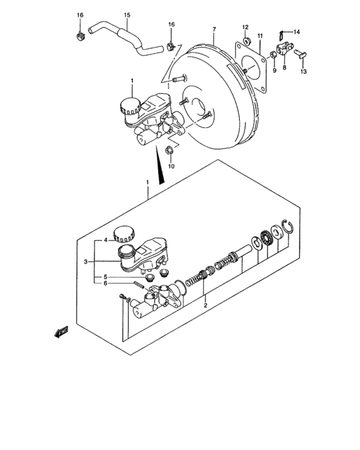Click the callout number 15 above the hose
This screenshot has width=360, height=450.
127,15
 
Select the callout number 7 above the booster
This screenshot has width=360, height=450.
214,30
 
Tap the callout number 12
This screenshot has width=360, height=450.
246,26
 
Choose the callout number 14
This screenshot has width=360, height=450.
297,32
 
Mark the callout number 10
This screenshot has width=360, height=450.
171,166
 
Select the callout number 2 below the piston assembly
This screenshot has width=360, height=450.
205,306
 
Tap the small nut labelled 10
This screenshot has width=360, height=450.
169,151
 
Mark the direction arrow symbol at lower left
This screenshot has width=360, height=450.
62,332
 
